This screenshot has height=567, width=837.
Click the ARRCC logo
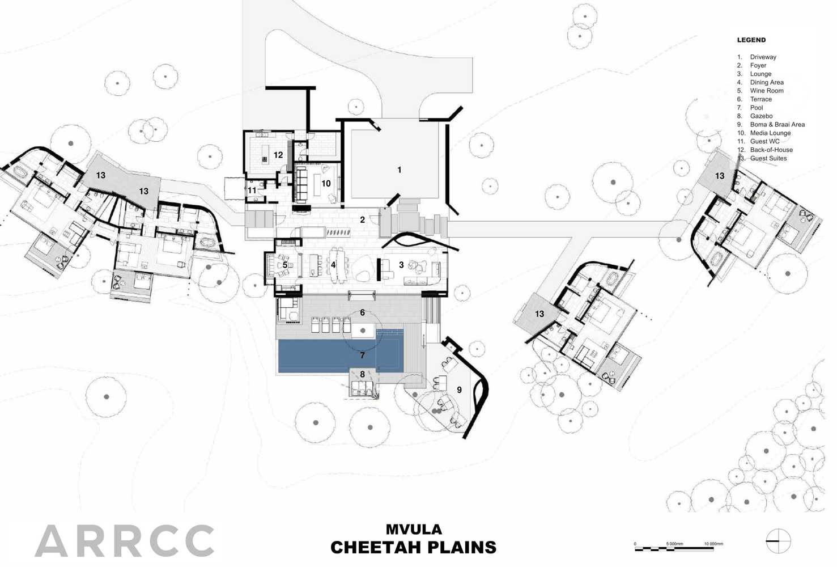pyautogui.click(x=125, y=540)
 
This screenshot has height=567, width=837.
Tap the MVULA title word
pyautogui.click(x=414, y=529)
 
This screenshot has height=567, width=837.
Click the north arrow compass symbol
pyautogui.click(x=778, y=541)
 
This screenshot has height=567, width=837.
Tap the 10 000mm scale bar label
pyautogui.click(x=713, y=544)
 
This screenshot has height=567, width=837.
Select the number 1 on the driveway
pyautogui.click(x=400, y=170)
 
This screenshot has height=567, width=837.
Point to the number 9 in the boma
pyautogui.click(x=459, y=390)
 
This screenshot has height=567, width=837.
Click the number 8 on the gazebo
pyautogui.click(x=362, y=374)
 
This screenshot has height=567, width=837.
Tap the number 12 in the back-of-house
pyautogui.click(x=278, y=155)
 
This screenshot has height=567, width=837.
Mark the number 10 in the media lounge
pyautogui.click(x=326, y=184)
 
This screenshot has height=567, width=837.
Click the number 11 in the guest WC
pyautogui.click(x=252, y=191)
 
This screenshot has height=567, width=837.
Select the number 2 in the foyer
pyautogui.click(x=362, y=220)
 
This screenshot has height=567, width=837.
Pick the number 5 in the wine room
pyautogui.click(x=284, y=265)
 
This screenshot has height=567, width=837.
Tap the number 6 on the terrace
pyautogui.click(x=362, y=312)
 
